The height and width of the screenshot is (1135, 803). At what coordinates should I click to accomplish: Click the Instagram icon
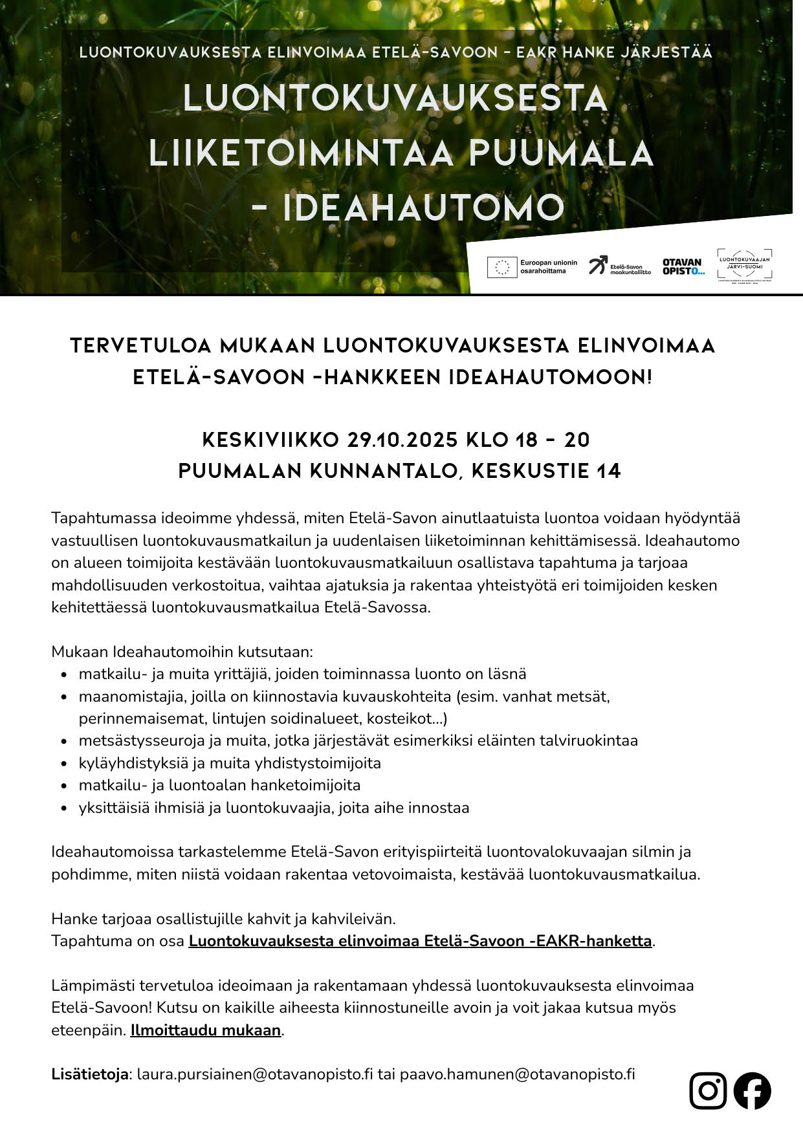point(708,1090)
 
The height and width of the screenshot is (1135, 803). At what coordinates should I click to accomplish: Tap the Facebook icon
point(752,1090)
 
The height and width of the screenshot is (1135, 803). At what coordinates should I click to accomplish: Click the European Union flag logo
point(502,266)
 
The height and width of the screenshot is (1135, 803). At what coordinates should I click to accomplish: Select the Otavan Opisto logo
point(682,266)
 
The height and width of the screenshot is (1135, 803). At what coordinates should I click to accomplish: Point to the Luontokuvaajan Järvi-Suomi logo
point(745,265)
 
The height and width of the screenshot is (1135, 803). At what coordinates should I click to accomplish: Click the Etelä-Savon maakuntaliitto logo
point(619,266)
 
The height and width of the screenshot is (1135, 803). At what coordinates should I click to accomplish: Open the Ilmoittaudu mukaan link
point(206,1030)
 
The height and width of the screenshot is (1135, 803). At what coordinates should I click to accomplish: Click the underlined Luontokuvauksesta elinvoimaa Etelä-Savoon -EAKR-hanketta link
point(420,941)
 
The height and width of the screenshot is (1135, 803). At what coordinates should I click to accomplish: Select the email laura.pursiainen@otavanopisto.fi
point(255,1074)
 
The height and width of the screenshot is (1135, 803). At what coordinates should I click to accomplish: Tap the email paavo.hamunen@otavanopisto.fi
point(517,1074)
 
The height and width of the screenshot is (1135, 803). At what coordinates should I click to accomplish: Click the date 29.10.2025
point(403,440)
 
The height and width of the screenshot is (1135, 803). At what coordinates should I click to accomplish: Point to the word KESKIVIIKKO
point(270,440)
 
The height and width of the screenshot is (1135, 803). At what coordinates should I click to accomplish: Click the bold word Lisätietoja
point(90,1074)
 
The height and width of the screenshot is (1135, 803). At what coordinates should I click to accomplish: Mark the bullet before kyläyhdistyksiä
point(64,764)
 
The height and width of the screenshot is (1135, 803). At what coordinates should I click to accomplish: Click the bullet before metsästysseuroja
point(64,741)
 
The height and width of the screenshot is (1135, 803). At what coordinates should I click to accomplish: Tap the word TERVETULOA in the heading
point(141,345)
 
